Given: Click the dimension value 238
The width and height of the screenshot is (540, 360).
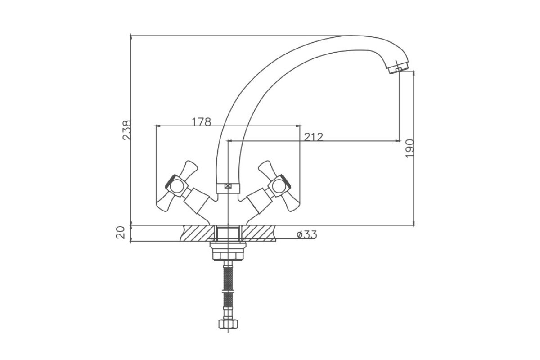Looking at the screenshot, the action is pos(127,130).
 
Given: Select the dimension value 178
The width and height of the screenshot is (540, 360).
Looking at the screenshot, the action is pos(201,122).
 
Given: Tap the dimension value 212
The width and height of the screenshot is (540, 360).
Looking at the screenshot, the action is pos(313,137).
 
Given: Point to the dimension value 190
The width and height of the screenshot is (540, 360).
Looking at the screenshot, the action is pos(409,148).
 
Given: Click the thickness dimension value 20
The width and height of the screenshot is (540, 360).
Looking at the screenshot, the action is pos(121,233).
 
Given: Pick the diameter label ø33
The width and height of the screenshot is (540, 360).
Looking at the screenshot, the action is pos(306,234).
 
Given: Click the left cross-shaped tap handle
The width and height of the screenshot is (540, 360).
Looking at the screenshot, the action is pos(177,186).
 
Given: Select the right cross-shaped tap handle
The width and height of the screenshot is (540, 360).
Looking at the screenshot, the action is pos(279,186).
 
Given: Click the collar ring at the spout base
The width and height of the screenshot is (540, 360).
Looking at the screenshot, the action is pos(228,188).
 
